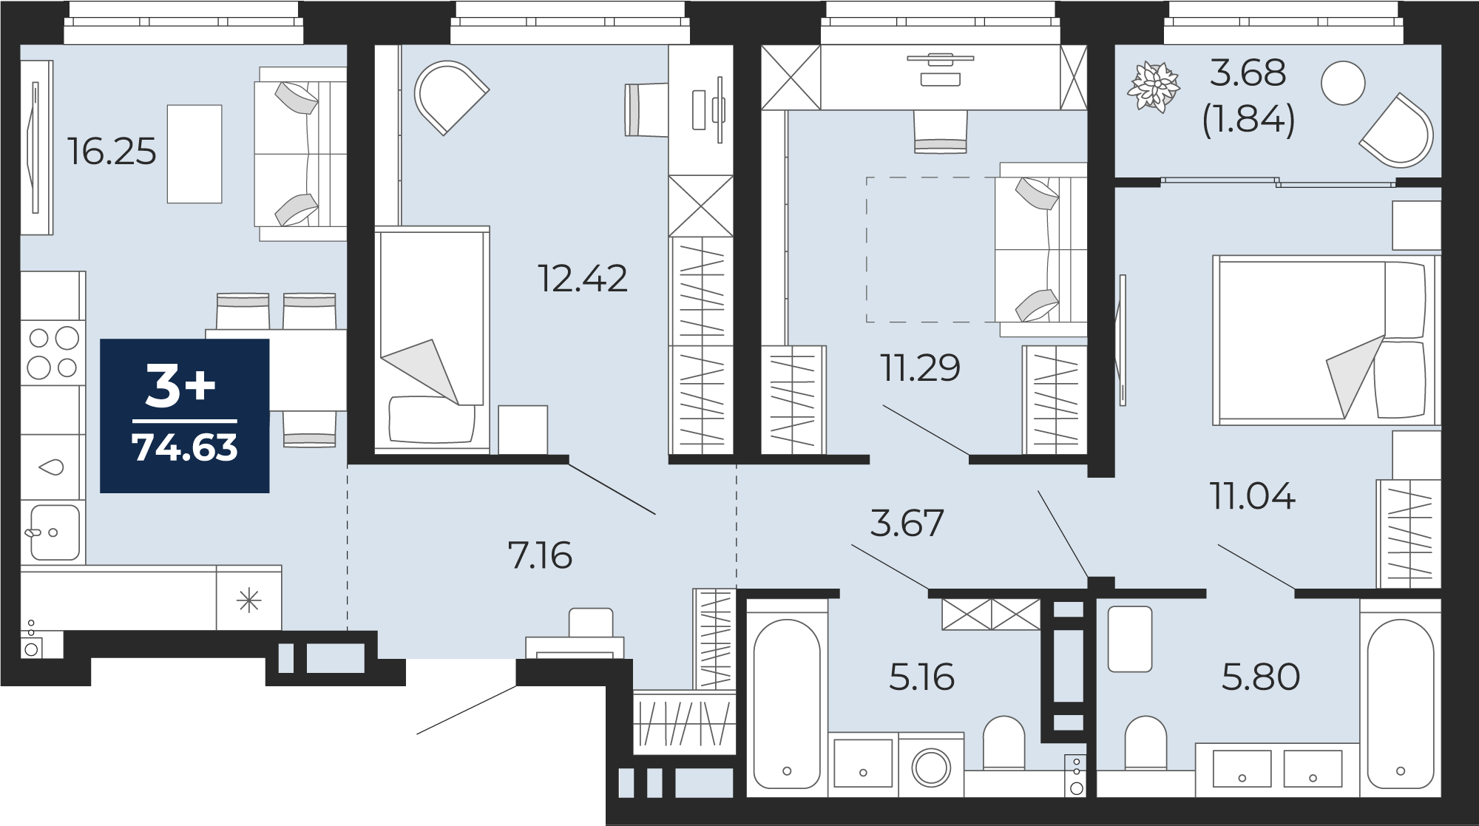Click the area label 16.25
[x=112, y=152]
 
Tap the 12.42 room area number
[x=583, y=279]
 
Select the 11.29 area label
[x=920, y=368]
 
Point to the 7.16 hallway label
[x=540, y=555]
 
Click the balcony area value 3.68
[x=1248, y=73]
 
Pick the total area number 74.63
[x=185, y=447]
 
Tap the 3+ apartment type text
[x=180, y=386]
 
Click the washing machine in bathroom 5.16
[x=931, y=765]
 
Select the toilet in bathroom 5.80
[x=1145, y=744]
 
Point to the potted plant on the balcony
[x=1153, y=87]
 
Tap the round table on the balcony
[x=1343, y=83]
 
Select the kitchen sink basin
[x=53, y=532]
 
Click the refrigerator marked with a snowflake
[x=249, y=599]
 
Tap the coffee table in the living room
[x=194, y=154]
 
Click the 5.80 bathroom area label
[x=1261, y=677]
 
